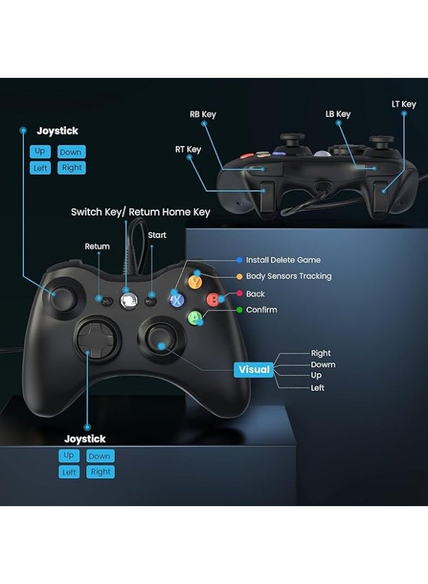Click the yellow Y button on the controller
click(194, 282)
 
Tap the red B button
click(212, 300)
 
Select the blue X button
click(176, 300)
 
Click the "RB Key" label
click(203, 114)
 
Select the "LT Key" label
click(404, 104)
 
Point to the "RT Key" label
click(188, 149)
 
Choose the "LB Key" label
click(338, 114)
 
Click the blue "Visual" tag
click(254, 369)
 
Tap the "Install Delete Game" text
click(283, 260)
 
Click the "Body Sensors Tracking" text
click(289, 276)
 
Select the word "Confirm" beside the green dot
click(261, 310)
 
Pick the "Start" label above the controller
click(158, 235)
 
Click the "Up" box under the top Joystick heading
click(40, 151)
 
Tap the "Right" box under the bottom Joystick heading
click(101, 472)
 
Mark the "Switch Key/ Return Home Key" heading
click(141, 212)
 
